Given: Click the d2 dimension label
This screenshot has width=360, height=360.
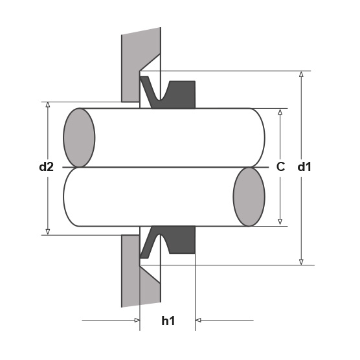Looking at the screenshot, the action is tap(47, 166).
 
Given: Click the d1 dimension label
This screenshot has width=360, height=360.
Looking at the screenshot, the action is tap(304, 166).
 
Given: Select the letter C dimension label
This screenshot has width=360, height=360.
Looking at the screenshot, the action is tap(280, 166).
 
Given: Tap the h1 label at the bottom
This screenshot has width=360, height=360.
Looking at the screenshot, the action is tap(168, 321).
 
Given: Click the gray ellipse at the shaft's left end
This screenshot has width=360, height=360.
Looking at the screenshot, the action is tap(79, 137).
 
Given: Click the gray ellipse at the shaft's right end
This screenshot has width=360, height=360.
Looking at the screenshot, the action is tap(249, 197).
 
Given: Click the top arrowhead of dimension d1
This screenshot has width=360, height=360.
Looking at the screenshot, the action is tap(301, 74).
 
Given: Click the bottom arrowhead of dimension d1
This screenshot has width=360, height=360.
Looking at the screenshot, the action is tap(301, 262).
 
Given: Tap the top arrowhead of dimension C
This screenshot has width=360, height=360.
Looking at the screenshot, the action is tap(280, 111).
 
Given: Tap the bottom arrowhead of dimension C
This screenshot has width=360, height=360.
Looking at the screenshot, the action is tap(280, 221).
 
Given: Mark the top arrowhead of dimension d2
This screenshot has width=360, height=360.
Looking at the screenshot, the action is tap(48, 105).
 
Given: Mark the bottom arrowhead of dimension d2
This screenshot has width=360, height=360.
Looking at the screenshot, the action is tap(48, 232).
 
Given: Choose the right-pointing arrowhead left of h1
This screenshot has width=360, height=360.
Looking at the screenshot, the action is tap(137, 320).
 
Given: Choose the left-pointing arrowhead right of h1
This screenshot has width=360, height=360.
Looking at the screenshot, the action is tap(198, 320).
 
